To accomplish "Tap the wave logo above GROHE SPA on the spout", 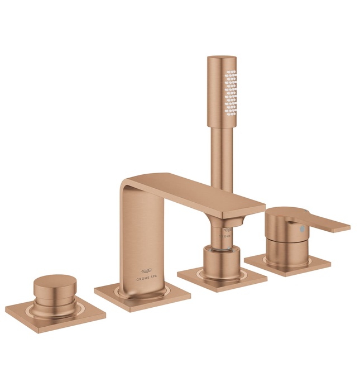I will (x=146, y=268).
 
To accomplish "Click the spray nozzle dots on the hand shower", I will (x=229, y=89).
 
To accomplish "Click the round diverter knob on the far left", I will (x=54, y=290).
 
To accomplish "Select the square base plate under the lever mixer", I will (x=287, y=263).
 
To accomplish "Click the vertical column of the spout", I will (x=134, y=240).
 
